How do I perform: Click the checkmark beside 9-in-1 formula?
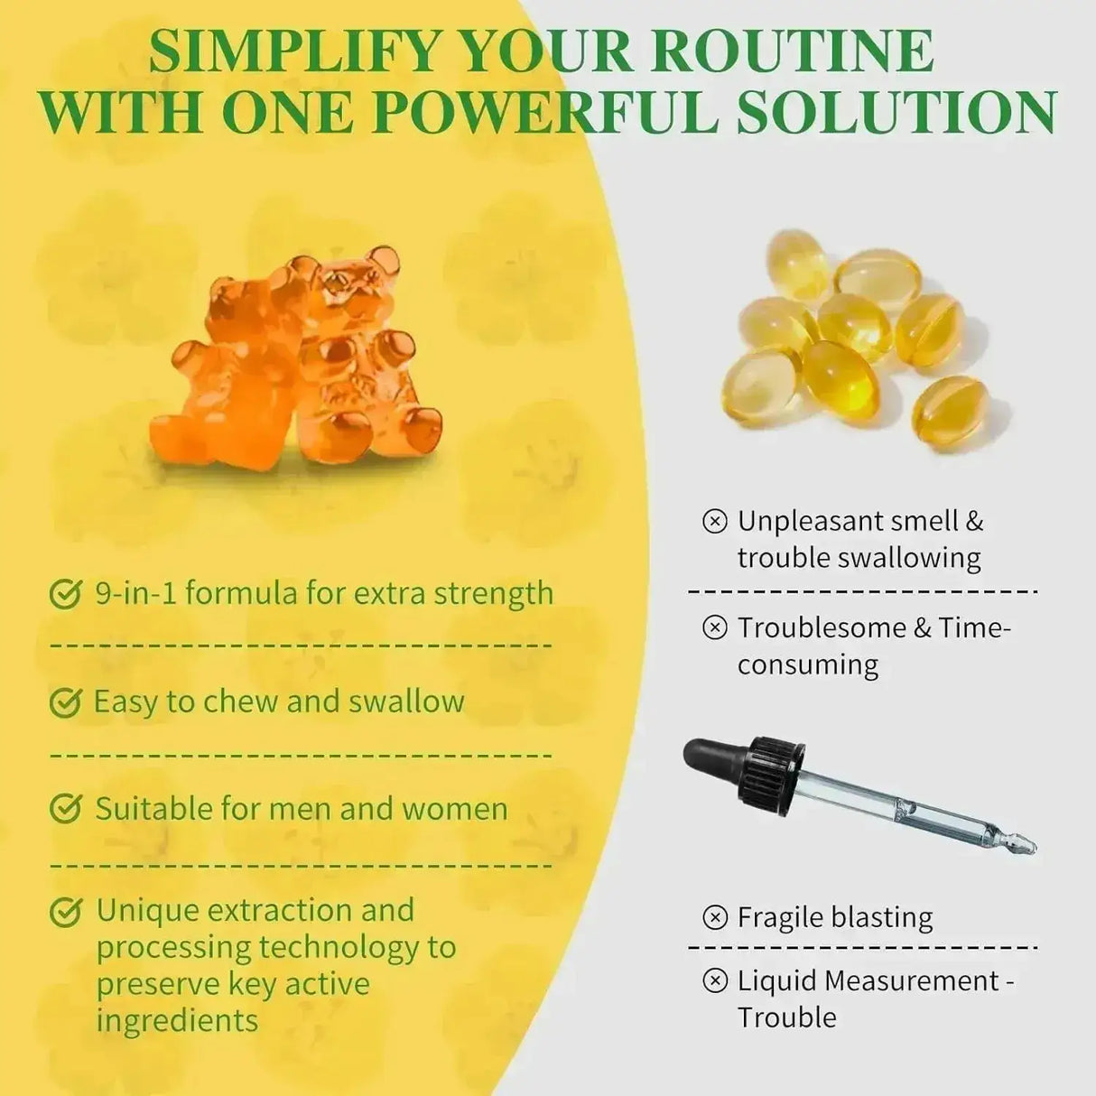[65, 594]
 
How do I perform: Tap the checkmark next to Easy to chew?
[65, 701]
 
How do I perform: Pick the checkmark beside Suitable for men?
[65, 809]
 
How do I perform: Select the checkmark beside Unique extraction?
[65, 912]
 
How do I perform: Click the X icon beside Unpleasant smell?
[714, 521]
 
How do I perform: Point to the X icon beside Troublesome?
[714, 627]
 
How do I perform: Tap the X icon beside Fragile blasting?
[714, 917]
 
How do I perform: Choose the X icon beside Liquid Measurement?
[714, 980]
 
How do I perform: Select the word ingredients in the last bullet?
[177, 1021]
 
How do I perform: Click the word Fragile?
[781, 917]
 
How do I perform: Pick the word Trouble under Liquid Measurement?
[786, 1017]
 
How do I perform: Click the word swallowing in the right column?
[909, 558]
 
